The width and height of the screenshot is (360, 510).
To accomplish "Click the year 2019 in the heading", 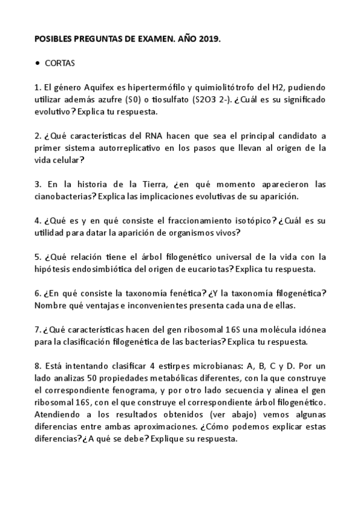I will (207, 39).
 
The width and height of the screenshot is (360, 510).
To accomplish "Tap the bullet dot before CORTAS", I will (38, 62).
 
